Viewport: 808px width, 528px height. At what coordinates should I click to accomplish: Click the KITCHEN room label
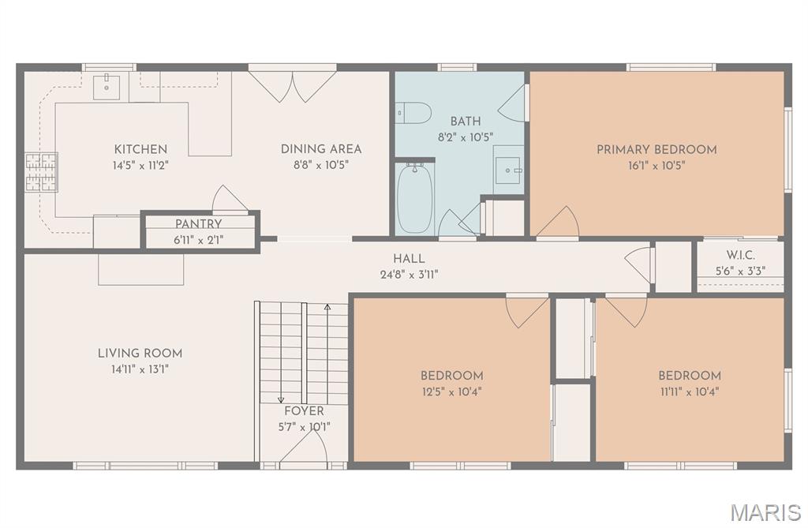[140, 149]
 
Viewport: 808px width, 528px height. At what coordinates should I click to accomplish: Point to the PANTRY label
[199, 224]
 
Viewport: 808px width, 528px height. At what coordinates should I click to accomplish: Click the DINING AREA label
[321, 149]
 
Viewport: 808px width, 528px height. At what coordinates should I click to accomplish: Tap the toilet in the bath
[412, 113]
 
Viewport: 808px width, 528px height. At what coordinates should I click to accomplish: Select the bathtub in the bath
[414, 197]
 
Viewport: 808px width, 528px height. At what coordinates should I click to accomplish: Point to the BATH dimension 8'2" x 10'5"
[466, 137]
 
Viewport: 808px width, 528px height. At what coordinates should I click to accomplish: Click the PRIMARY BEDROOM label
[656, 149]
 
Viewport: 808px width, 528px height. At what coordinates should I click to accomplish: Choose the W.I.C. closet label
[741, 256]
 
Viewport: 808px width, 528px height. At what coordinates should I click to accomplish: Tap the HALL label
[409, 259]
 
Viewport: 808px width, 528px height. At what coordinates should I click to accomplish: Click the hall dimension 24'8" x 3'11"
[409, 275]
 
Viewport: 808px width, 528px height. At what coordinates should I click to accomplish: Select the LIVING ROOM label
[140, 354]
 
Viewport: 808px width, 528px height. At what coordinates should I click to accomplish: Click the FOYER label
[304, 411]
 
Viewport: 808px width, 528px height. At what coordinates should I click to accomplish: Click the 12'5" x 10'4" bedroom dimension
[451, 391]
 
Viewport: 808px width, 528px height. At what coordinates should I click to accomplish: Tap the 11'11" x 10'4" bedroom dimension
[690, 391]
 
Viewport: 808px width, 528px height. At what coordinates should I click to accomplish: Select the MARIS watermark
[765, 511]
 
